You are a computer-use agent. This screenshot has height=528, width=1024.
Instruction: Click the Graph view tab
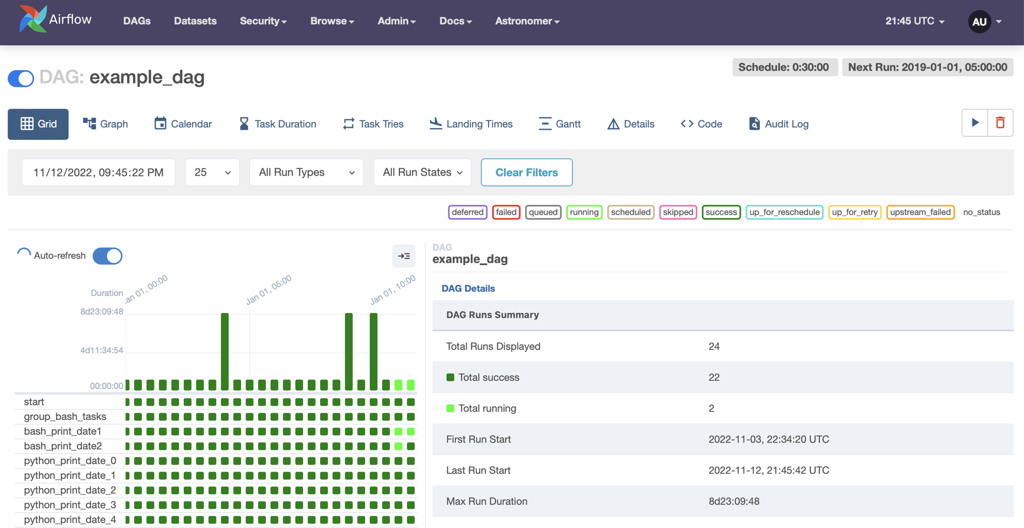tap(105, 124)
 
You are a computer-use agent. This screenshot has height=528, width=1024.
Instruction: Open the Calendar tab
tap(183, 124)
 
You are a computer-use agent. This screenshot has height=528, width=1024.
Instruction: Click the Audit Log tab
tap(778, 124)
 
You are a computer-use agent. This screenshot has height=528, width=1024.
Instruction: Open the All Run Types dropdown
tap(306, 173)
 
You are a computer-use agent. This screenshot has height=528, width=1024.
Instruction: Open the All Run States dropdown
tap(422, 173)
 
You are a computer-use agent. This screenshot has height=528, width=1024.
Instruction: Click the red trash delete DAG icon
tap(1000, 123)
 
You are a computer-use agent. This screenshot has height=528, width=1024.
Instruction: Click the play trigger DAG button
tap(975, 123)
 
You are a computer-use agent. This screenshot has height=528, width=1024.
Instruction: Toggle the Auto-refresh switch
tap(108, 256)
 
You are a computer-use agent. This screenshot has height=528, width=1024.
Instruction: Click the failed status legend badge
tap(506, 212)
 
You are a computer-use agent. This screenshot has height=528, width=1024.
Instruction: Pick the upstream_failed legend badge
tap(920, 212)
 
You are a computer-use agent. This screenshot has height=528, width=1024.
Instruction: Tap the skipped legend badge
tap(678, 212)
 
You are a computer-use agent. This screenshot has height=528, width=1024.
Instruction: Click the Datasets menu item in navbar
tap(195, 21)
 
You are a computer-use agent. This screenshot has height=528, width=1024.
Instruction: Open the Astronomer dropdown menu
tap(527, 21)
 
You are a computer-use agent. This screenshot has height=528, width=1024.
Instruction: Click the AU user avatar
tap(979, 22)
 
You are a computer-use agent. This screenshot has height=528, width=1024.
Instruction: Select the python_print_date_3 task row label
tap(70, 505)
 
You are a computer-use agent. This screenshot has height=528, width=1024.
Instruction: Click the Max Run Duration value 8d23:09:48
tap(734, 501)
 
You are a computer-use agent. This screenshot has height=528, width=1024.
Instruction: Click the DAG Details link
tap(468, 288)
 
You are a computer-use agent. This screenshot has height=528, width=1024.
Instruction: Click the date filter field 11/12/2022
tap(98, 173)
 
